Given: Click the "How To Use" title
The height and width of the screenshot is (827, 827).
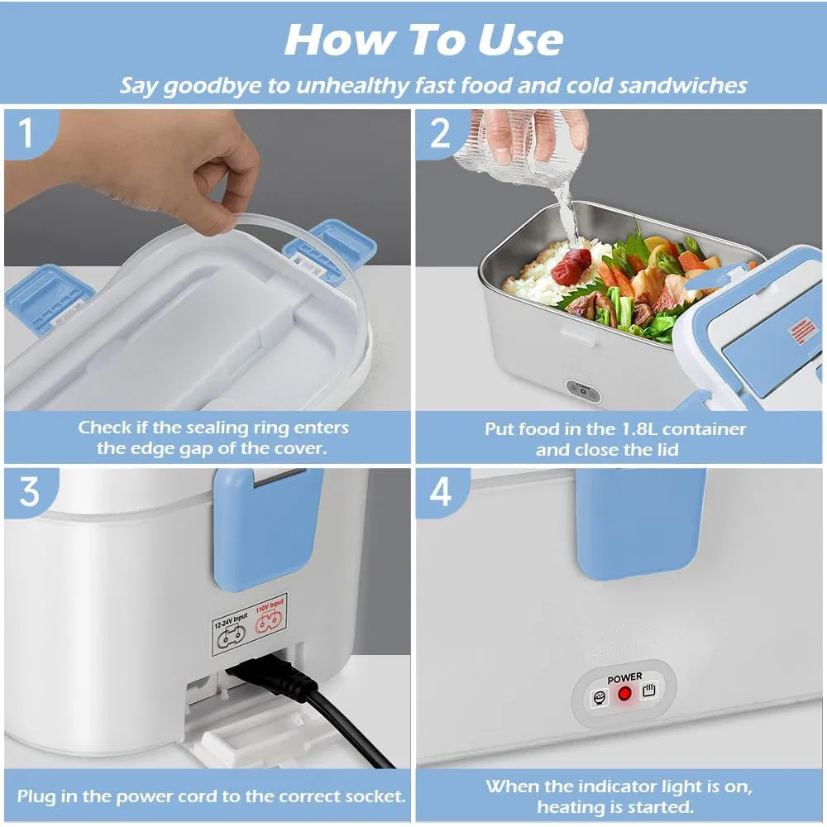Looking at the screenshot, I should click(423, 39).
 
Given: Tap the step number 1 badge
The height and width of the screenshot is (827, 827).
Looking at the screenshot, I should click(26, 133).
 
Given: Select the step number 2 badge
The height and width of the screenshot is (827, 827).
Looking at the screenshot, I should click(440, 133).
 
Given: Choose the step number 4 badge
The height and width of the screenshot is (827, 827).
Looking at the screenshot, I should click(440, 492).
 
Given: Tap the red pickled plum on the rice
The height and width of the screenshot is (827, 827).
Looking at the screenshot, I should click(572, 266).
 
